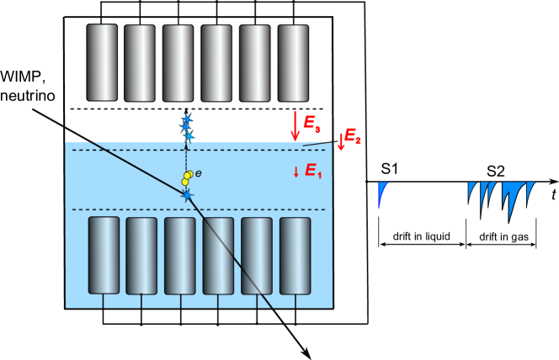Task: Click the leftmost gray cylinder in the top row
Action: [103, 62]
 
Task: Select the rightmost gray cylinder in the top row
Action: [293, 63]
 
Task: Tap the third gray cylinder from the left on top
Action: [178, 63]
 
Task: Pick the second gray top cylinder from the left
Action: [140, 63]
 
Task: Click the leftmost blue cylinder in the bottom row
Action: [104, 255]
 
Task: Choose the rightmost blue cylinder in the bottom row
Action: [295, 256]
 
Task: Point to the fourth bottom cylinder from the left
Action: [218, 256]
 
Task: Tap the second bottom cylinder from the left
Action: [141, 256]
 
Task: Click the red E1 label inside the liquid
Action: [312, 171]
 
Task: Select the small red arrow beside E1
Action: [296, 172]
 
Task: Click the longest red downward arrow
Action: [295, 126]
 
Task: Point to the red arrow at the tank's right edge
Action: [341, 141]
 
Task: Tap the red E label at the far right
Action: [352, 135]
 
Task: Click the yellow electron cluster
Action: [187, 178]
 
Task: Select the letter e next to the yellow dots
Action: [199, 173]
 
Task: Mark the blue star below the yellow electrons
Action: [187, 196]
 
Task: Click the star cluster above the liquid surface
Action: [187, 126]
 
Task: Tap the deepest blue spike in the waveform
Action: [510, 202]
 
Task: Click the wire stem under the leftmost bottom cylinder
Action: [104, 300]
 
